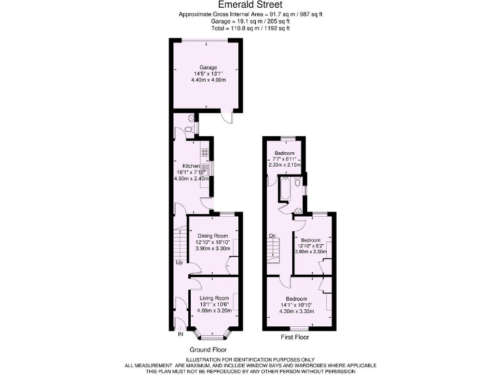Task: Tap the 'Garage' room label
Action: [x=208, y=67]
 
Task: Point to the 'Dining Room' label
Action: [x=213, y=235]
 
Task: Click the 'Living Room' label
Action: [x=214, y=298]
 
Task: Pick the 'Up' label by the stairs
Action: [x=178, y=262]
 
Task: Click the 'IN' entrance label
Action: [x=180, y=335]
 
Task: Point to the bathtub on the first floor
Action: [x=285, y=191]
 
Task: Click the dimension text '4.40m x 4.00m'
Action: [x=208, y=79]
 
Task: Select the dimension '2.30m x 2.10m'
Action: [x=285, y=165]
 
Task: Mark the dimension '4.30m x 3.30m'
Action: [x=298, y=311]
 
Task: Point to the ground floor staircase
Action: [x=178, y=243]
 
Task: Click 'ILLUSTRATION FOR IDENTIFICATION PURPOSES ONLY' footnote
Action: [x=250, y=359]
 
